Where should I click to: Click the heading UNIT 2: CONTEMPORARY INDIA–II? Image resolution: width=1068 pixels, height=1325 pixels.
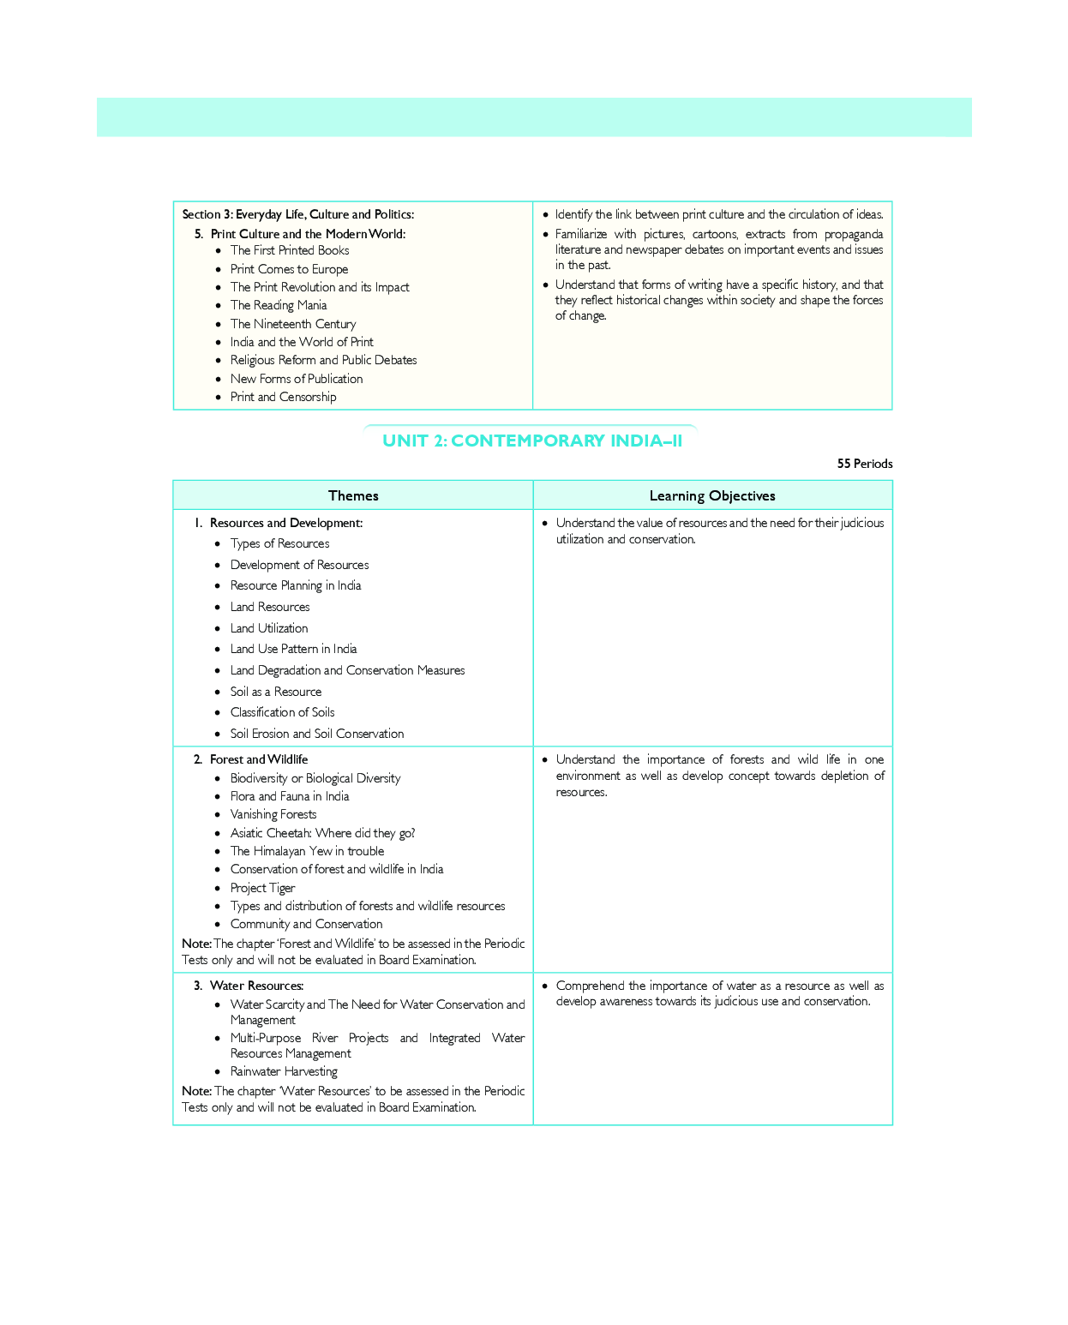pyautogui.click(x=532, y=441)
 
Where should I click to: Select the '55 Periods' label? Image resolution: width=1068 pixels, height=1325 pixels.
pyautogui.click(x=864, y=464)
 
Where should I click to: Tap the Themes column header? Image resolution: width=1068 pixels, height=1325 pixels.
pyautogui.click(x=353, y=495)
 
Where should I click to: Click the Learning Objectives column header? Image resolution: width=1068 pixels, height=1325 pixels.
pyautogui.click(x=712, y=495)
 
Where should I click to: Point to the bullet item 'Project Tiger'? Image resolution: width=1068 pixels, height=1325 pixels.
pyautogui.click(x=262, y=888)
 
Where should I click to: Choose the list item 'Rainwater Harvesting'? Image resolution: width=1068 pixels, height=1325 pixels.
pyautogui.click(x=284, y=1071)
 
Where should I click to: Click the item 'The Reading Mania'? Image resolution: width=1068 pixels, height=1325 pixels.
pyautogui.click(x=279, y=305)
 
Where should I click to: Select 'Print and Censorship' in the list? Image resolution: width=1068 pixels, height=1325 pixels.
pyautogui.click(x=283, y=397)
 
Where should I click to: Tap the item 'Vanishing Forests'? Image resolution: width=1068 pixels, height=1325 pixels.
pyautogui.click(x=273, y=814)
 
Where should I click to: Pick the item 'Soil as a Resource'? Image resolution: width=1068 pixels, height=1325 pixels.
pyautogui.click(x=276, y=692)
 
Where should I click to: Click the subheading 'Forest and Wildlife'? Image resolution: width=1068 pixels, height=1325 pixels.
pyautogui.click(x=258, y=759)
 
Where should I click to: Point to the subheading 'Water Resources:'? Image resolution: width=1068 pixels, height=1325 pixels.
pyautogui.click(x=256, y=986)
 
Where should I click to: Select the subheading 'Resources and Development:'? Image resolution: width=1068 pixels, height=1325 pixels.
pyautogui.click(x=285, y=523)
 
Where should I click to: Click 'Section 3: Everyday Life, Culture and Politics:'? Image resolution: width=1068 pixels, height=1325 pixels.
pyautogui.click(x=297, y=214)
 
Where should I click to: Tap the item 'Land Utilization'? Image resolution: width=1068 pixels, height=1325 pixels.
pyautogui.click(x=269, y=628)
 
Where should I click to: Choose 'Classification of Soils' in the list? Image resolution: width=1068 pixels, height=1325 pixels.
pyautogui.click(x=282, y=712)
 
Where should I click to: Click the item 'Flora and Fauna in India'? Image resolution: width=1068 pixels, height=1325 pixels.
pyautogui.click(x=290, y=796)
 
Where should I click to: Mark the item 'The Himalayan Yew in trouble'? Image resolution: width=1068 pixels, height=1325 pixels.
pyautogui.click(x=307, y=851)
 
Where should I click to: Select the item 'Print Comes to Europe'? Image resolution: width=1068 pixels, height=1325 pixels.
pyautogui.click(x=289, y=269)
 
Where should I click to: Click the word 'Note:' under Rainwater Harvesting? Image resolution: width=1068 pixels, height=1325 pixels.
pyautogui.click(x=196, y=1091)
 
